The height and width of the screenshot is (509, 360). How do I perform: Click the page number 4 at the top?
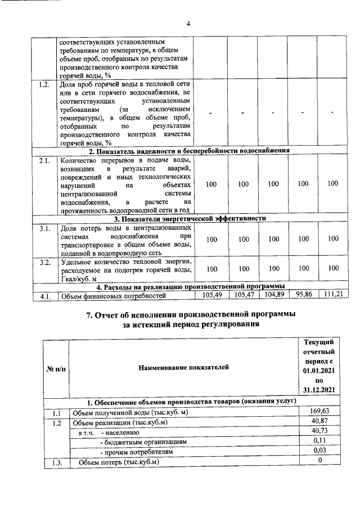pos(188,24)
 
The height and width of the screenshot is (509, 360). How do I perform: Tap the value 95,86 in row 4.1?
pos(303,295)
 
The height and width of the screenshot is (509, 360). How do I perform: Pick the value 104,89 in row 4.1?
pos(273,295)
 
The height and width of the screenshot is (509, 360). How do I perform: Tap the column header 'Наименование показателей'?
pos(183,367)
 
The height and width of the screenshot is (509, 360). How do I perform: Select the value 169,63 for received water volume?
pos(319,412)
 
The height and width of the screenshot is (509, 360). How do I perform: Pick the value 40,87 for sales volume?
pos(319,422)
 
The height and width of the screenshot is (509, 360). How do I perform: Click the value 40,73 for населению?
pos(319,431)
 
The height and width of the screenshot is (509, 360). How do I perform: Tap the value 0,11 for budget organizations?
pos(319,442)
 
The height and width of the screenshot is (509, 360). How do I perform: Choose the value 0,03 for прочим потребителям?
pos(319,452)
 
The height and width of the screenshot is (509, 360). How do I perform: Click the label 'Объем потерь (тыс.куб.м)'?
pos(119,462)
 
